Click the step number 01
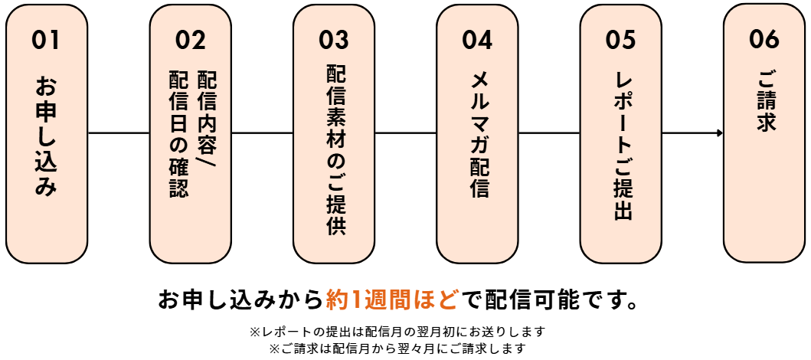[x=46, y=39]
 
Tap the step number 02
[x=190, y=39]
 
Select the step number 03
[x=334, y=39]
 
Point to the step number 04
[x=477, y=39]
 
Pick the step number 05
[x=620, y=39]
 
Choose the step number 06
[x=764, y=39]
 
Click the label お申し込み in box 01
[x=46, y=136]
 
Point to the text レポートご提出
[x=622, y=146]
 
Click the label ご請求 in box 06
[x=764, y=101]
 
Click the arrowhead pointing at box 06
[x=720, y=133]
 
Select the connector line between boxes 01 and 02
[x=119, y=133]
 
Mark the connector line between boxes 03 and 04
[x=406, y=133]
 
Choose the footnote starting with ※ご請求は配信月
[x=397, y=349]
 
